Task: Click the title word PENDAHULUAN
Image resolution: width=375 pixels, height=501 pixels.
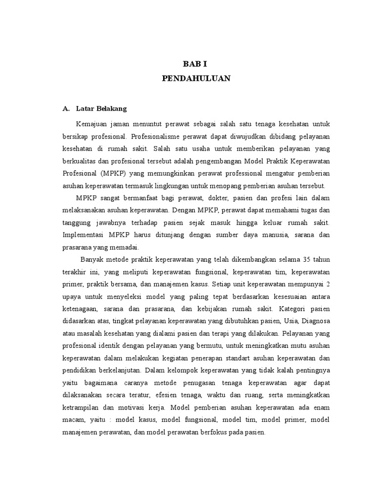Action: [196, 78]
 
